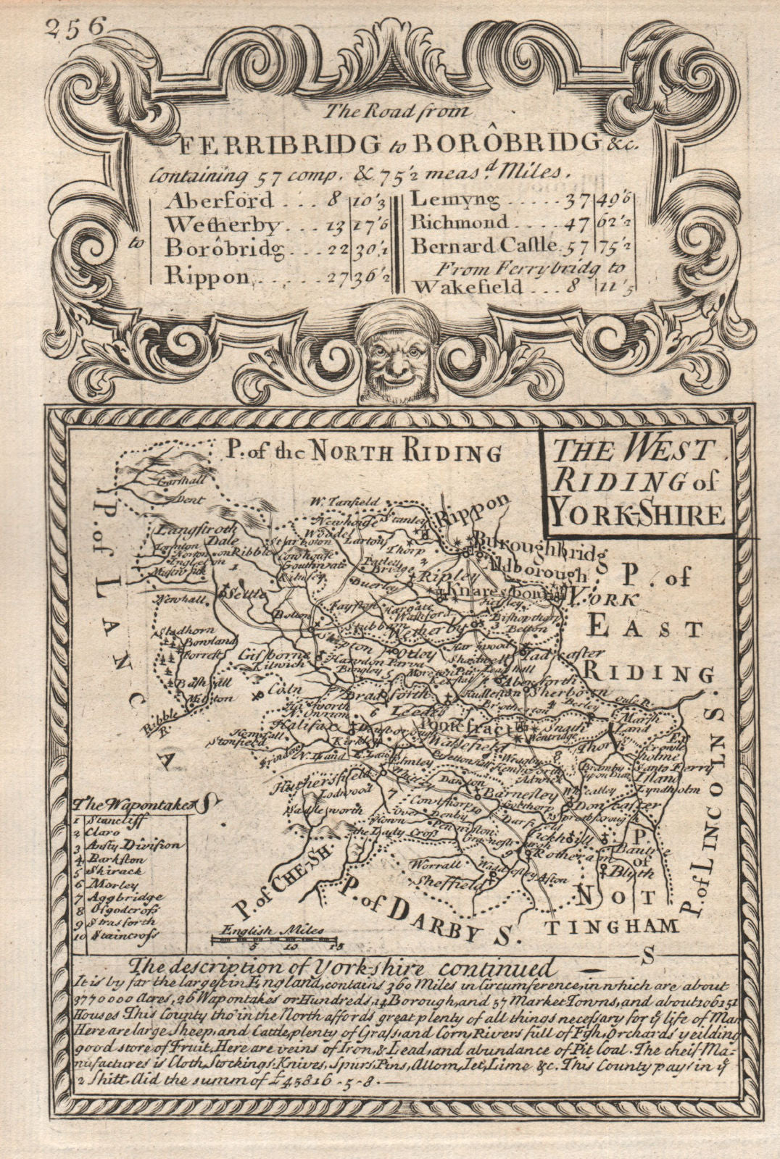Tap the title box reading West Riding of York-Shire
634,484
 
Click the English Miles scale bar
275,940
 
